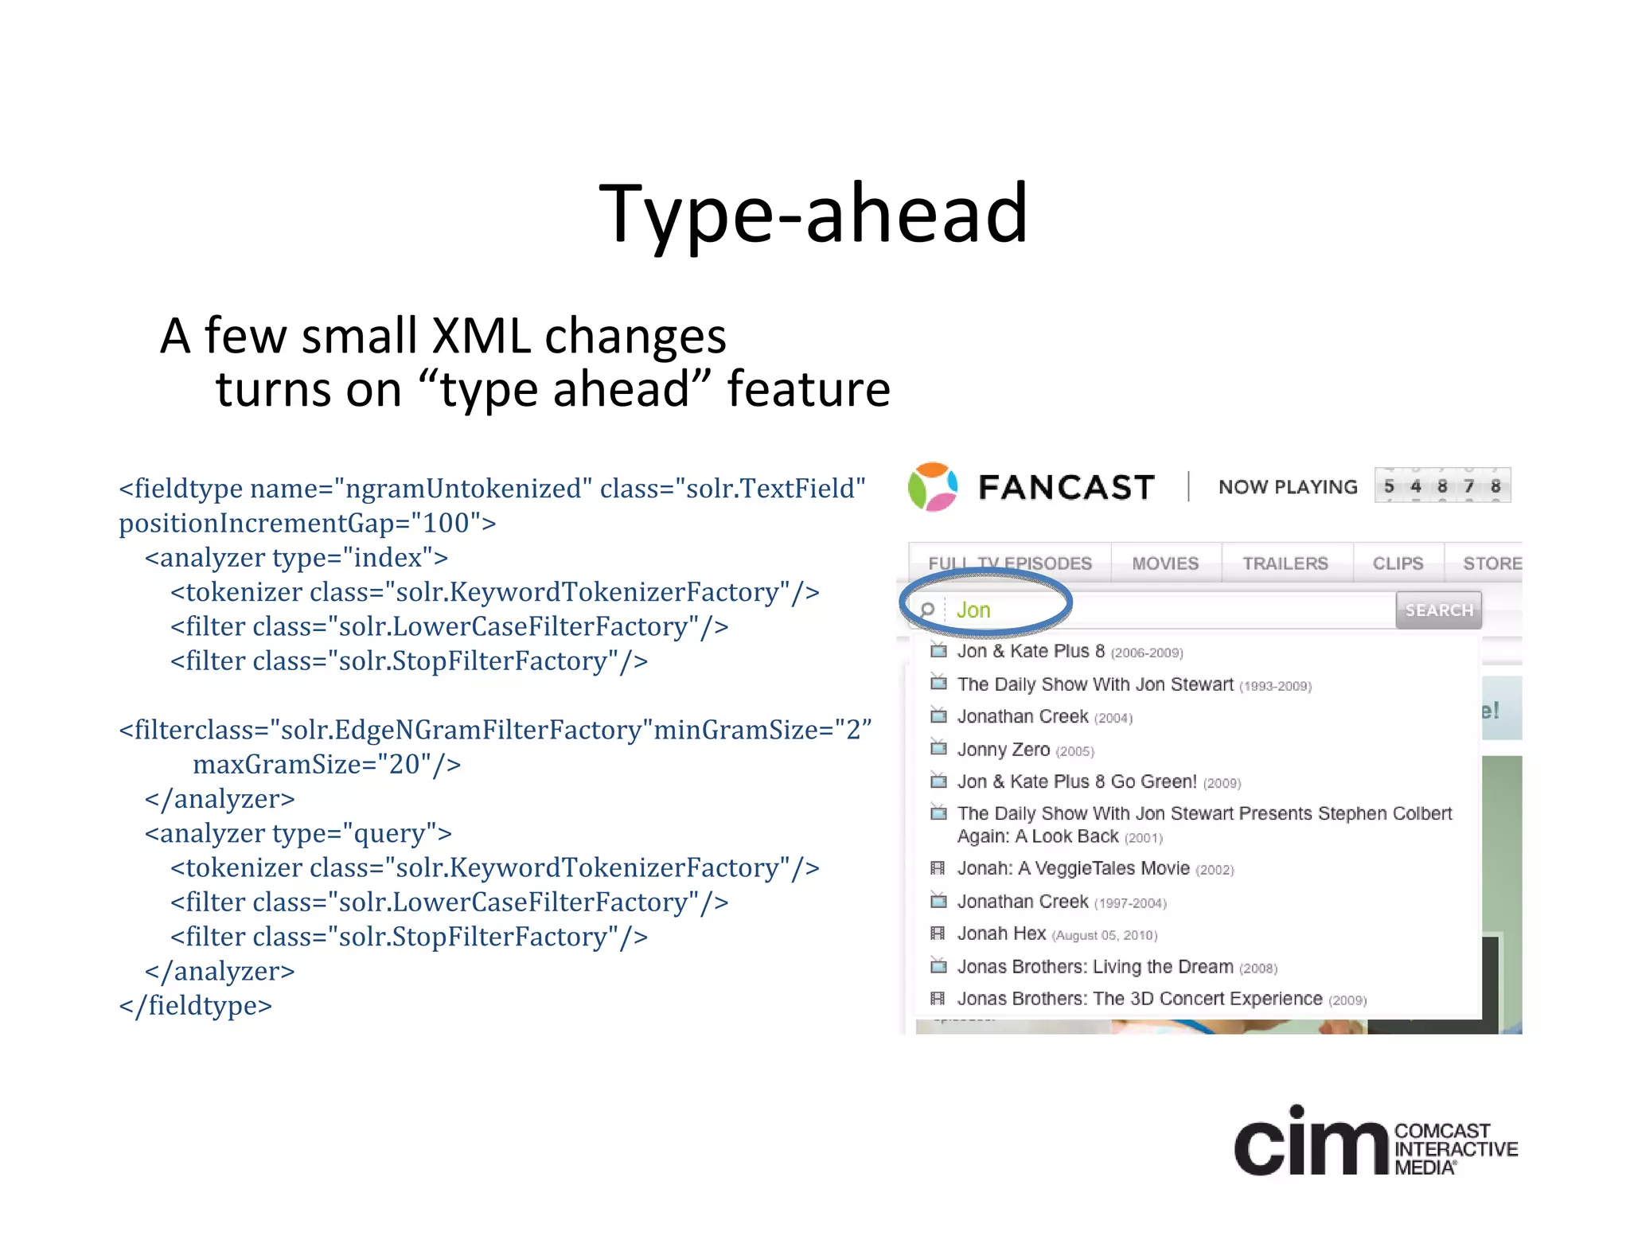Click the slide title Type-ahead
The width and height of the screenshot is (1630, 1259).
click(x=813, y=213)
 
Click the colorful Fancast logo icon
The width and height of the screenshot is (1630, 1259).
click(x=932, y=486)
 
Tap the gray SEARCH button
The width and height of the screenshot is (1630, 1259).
click(x=1438, y=610)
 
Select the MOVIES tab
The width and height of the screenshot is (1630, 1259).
click(x=1165, y=563)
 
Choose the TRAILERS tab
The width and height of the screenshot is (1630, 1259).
click(x=1285, y=563)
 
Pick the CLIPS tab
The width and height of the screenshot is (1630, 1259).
click(x=1398, y=563)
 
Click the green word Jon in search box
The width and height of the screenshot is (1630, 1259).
click(x=973, y=610)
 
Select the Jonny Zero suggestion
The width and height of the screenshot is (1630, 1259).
click(x=1004, y=750)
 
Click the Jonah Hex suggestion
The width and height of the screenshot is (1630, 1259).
click(x=1001, y=934)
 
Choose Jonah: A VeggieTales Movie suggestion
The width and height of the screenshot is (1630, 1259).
click(x=1073, y=868)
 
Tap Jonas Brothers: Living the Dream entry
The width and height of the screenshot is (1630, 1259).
click(x=1095, y=967)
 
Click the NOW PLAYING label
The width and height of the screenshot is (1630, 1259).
click(x=1288, y=487)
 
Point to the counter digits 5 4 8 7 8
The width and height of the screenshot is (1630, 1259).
click(x=1442, y=486)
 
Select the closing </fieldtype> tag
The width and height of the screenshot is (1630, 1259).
click(x=196, y=1005)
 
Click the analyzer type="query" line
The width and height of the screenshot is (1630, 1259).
click(x=298, y=833)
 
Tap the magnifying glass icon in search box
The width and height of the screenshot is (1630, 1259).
click(x=927, y=610)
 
